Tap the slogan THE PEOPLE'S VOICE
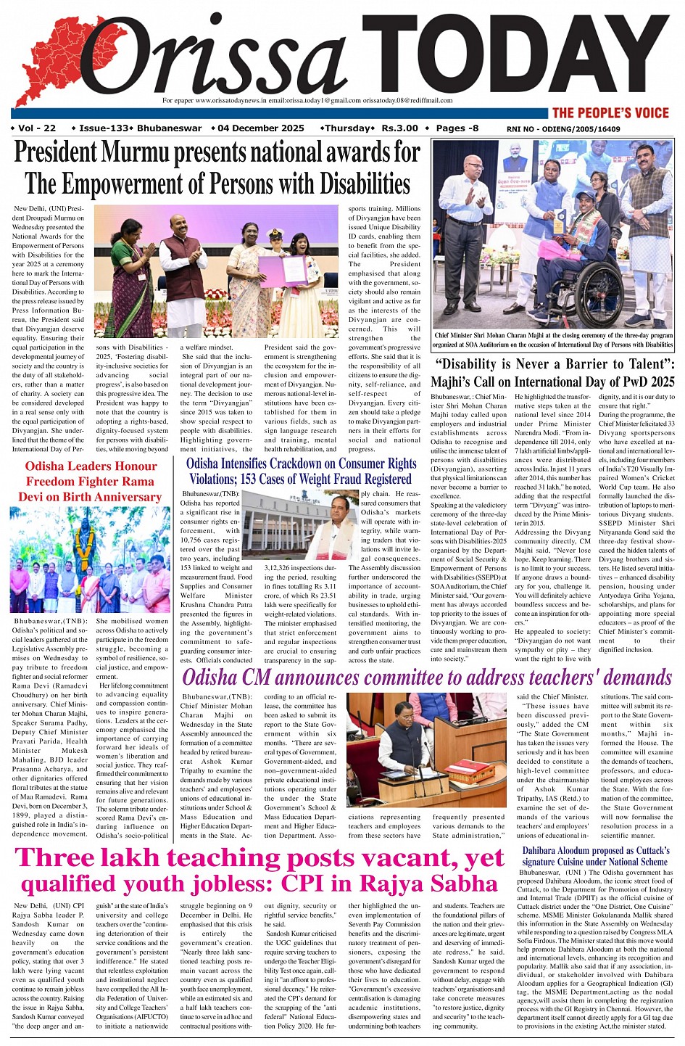point(610,112)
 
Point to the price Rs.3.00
point(400,128)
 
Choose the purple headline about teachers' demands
point(427,678)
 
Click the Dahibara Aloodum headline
point(595,856)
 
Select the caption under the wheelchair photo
point(553,340)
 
